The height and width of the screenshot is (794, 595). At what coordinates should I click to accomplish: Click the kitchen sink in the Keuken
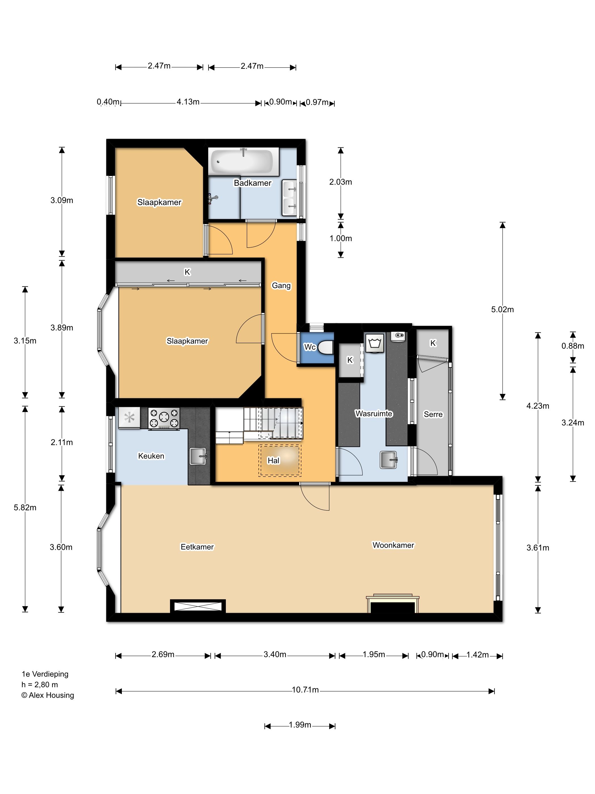coord(198,456)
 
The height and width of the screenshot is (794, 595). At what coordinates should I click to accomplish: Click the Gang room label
coord(281,286)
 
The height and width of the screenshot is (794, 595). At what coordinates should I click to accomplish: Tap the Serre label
coord(433,414)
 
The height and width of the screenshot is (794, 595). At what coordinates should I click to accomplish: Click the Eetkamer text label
coord(197,547)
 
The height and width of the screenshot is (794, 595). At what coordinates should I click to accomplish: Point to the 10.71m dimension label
coord(305,690)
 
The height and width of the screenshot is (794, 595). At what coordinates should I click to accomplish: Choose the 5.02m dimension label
coord(502,309)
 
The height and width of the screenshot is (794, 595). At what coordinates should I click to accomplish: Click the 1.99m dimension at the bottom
coord(300,725)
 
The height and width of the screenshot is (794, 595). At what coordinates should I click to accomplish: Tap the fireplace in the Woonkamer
coord(392,604)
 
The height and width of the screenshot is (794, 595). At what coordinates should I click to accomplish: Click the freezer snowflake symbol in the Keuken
coord(129,418)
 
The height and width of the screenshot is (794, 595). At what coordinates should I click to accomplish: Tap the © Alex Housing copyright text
coord(48,695)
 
